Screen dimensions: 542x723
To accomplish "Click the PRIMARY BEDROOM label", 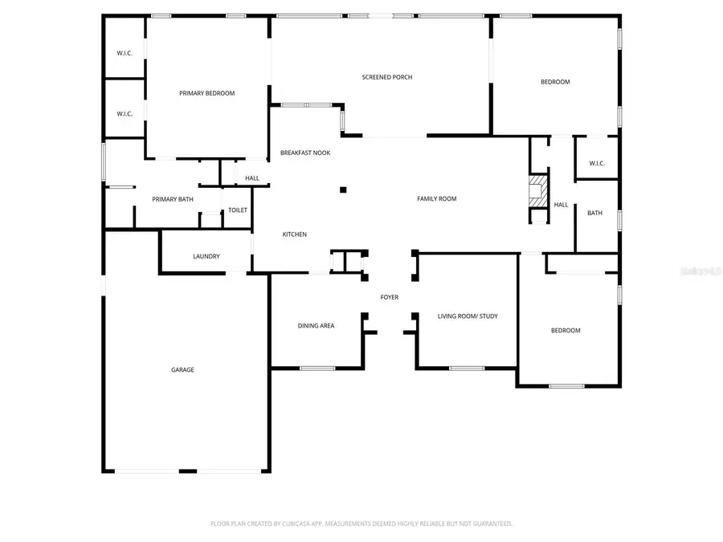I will (x=206, y=93).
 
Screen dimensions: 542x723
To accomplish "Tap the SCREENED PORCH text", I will (x=387, y=77).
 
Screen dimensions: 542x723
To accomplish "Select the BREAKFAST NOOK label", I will (x=305, y=153).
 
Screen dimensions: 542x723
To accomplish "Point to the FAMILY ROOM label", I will (x=436, y=198).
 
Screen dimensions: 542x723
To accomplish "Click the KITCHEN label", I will (x=294, y=234).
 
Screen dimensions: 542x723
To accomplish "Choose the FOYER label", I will (x=390, y=297).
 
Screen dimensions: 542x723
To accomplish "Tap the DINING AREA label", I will (x=316, y=325).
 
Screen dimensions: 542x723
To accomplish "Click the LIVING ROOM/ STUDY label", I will (x=468, y=316).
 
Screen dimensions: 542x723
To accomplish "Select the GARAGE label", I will (x=182, y=369).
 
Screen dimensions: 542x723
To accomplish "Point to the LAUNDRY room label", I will (x=206, y=256).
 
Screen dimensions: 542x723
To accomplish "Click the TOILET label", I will (x=238, y=210).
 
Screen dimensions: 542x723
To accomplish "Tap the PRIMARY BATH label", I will (x=173, y=198).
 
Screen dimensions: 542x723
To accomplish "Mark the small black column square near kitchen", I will (x=343, y=189).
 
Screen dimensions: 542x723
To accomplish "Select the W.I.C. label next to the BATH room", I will (x=596, y=164).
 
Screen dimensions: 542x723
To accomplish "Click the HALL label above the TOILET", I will (x=252, y=178).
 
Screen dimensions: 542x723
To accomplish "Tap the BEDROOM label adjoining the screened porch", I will (x=555, y=82).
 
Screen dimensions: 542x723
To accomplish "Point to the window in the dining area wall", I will (x=317, y=368).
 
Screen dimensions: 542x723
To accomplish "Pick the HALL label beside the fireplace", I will (x=561, y=205).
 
